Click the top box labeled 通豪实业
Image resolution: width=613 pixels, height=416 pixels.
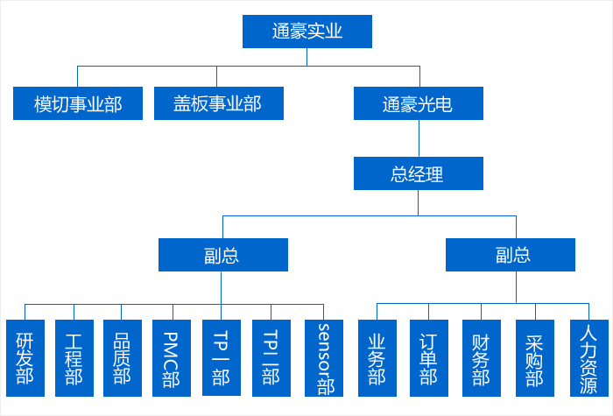click(306, 32)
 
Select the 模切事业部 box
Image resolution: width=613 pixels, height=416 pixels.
click(78, 104)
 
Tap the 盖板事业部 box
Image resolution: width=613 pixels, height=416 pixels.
click(217, 104)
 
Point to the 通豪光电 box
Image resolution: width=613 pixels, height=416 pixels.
click(418, 104)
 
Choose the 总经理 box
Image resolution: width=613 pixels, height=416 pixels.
click(418, 173)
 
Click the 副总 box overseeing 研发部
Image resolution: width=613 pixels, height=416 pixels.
click(222, 255)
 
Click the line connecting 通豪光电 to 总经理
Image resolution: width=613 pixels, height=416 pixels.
click(419, 137)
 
